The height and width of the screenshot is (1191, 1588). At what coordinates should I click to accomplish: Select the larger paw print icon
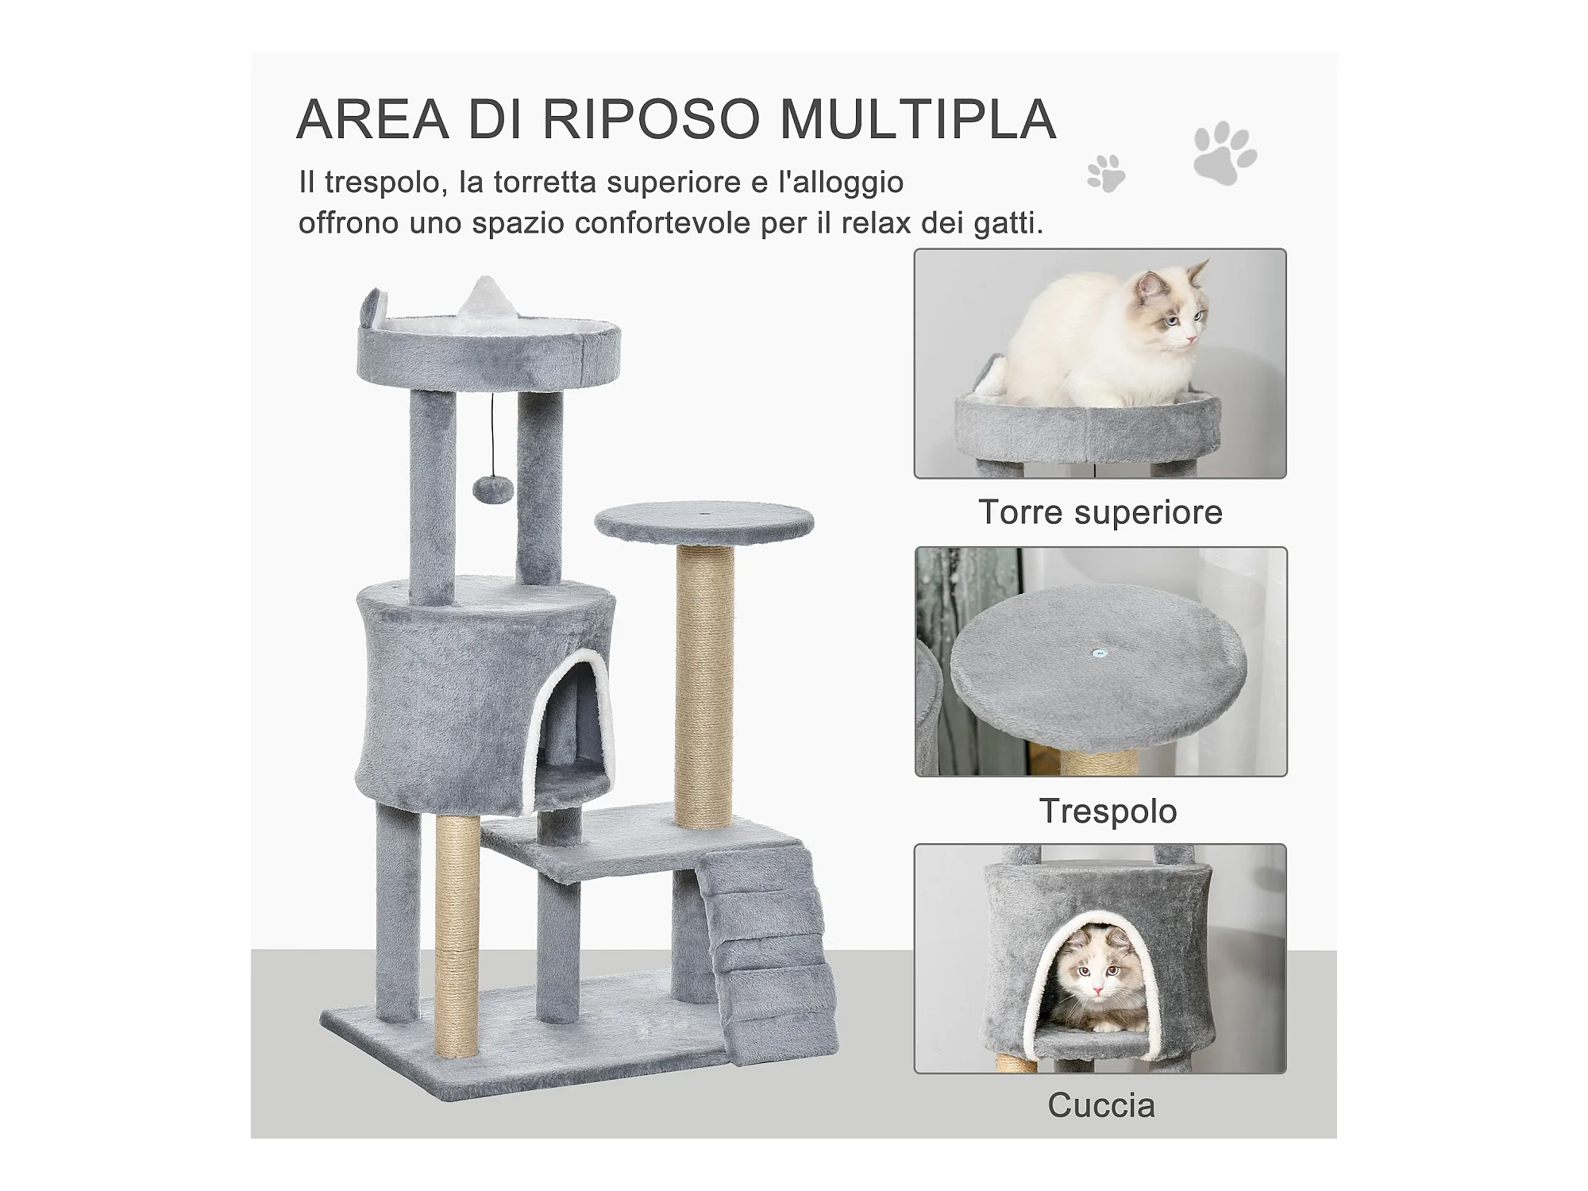[1224, 152]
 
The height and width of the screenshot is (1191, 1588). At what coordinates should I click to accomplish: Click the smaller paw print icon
[1106, 173]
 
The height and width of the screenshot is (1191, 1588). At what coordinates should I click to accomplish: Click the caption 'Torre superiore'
[1100, 512]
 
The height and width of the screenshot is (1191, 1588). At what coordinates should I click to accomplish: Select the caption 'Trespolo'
[1108, 811]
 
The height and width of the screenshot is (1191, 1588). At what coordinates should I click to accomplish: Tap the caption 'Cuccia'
[1101, 1105]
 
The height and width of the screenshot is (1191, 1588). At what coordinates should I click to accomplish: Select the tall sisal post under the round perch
[704, 686]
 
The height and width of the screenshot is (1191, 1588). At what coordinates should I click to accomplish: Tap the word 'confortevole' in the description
[662, 224]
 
